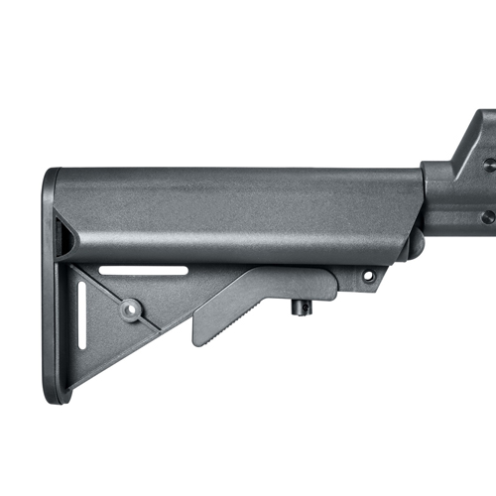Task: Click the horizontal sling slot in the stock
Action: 144,270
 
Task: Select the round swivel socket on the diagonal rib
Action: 130,310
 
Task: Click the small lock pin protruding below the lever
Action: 301,307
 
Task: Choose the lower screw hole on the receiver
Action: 487,216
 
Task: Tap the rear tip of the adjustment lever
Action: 197,337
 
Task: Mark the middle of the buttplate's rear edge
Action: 45,288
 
